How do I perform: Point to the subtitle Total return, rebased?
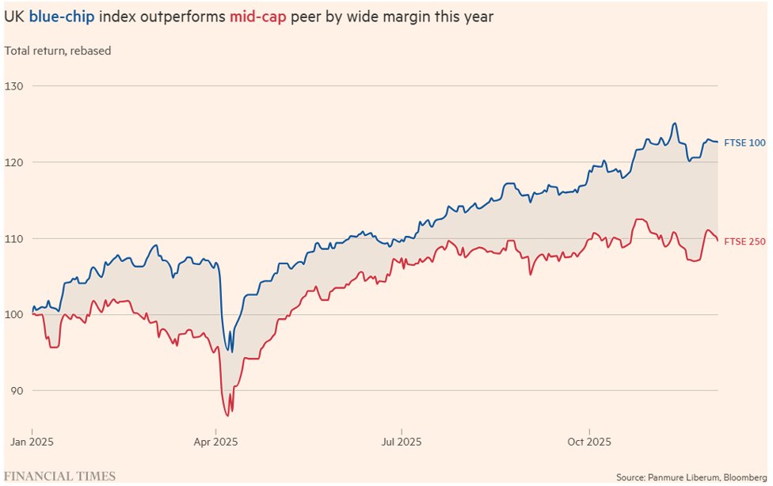click(58, 51)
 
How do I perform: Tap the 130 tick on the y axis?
click(15, 85)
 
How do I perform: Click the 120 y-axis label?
click(15, 161)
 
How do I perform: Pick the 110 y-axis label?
click(15, 238)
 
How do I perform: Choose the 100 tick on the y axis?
click(15, 314)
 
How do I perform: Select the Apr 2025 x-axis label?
click(215, 441)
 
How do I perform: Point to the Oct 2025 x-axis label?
click(586, 441)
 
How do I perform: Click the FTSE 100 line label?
click(744, 142)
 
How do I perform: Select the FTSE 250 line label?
click(744, 241)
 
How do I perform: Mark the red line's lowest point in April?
click(227, 416)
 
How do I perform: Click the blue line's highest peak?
click(674, 123)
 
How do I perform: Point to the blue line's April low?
click(230, 351)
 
